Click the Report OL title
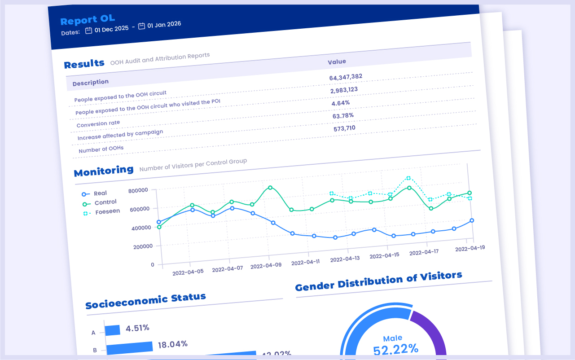click(88, 20)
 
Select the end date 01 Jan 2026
click(164, 25)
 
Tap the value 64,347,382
click(346, 77)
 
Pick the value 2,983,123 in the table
click(344, 90)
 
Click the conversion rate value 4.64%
click(341, 103)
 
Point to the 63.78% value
click(343, 116)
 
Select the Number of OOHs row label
click(101, 149)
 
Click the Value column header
click(337, 61)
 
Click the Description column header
click(90, 82)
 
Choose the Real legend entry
click(100, 193)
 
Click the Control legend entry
click(105, 202)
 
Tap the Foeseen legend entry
click(107, 211)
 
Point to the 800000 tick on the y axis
click(138, 190)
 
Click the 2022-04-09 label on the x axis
click(266, 265)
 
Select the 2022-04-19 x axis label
click(470, 248)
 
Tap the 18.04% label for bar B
click(172, 345)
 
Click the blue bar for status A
click(113, 330)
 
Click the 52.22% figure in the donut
click(395, 349)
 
